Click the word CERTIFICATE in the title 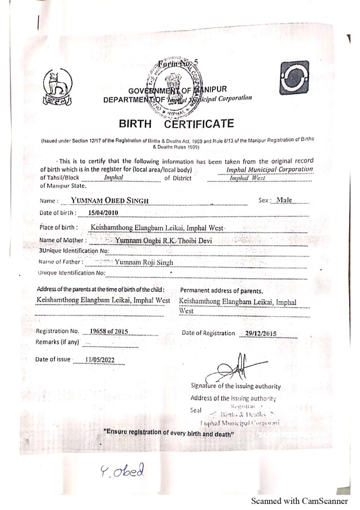(x=199, y=124)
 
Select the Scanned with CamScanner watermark (x=299, y=501)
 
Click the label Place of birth (x=59, y=227)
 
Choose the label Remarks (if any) (x=58, y=342)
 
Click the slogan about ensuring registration (x=169, y=433)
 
